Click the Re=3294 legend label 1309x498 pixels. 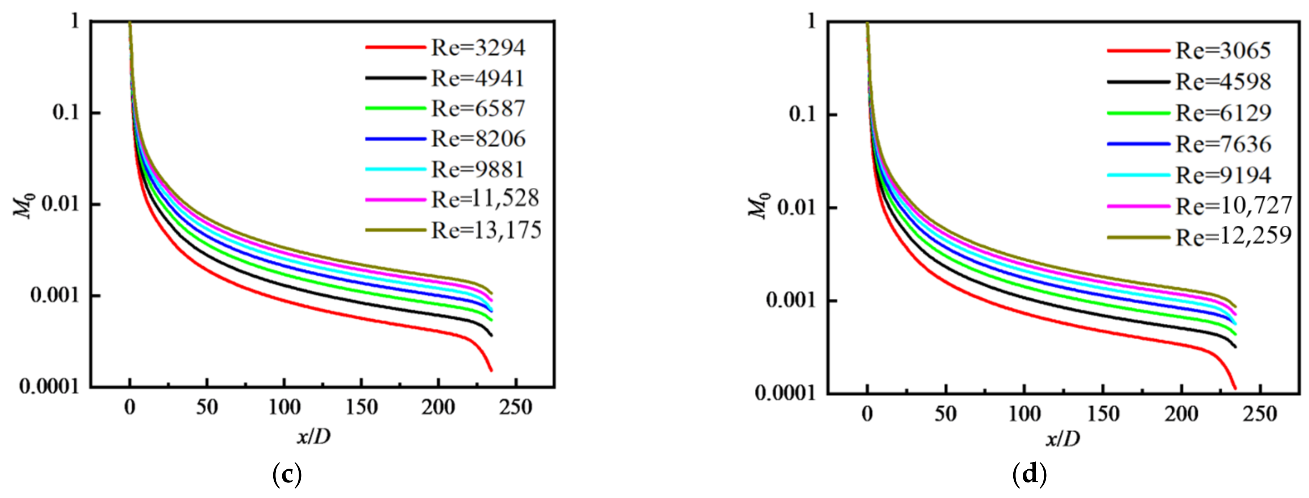[478, 48]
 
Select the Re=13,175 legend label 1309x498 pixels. [486, 230]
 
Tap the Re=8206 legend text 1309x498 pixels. [478, 139]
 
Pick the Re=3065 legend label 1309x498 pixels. [1223, 50]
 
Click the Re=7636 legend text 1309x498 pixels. [1223, 144]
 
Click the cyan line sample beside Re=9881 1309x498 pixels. [395, 169]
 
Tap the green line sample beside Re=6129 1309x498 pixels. [1138, 113]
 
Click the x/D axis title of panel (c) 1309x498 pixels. [313, 436]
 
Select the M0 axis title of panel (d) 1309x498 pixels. [758, 206]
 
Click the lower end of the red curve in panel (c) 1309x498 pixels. [491, 370]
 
